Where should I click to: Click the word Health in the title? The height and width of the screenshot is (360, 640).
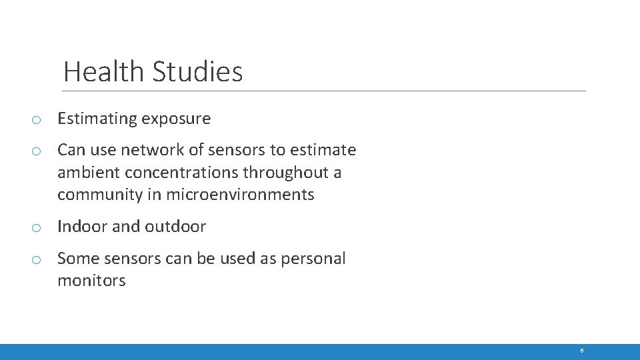103,71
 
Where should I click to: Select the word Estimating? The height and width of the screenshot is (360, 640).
97,119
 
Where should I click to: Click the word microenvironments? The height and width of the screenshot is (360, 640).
240,195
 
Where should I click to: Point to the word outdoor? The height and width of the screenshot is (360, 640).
175,227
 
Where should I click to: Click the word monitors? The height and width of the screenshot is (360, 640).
91,281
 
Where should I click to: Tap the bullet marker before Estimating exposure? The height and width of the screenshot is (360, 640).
37,121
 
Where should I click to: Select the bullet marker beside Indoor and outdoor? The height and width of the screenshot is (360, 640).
37,228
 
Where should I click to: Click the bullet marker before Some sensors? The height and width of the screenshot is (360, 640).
37,260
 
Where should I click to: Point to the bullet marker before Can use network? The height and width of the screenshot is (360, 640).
37,151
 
